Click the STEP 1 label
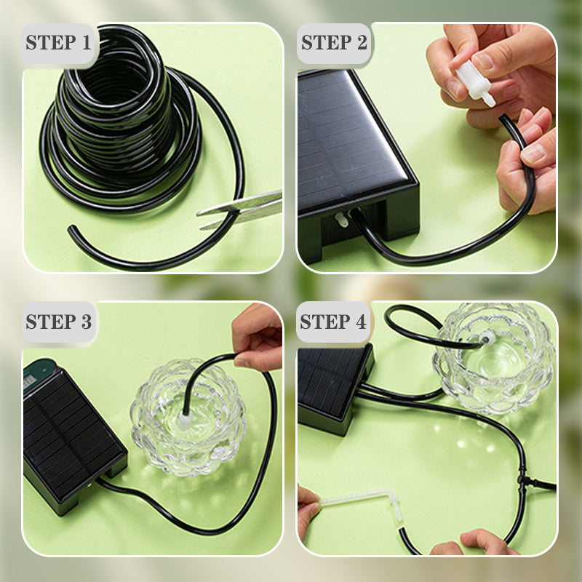coord(59,42)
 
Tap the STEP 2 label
coord(334,42)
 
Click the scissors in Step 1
coord(244,209)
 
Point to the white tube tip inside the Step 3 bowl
coord(186,420)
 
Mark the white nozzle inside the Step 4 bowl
coord(485,338)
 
